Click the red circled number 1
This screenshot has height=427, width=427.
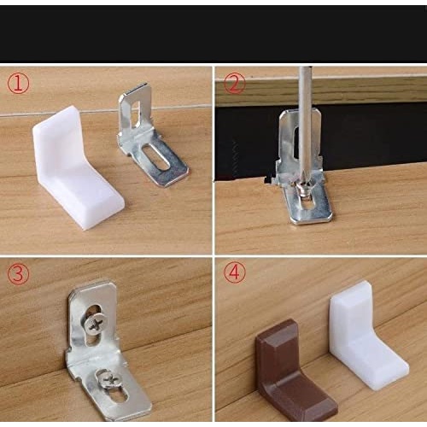click(18, 83)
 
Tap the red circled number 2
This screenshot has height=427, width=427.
click(234, 83)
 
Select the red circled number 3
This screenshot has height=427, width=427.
click(18, 273)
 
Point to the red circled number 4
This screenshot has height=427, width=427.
click(235, 272)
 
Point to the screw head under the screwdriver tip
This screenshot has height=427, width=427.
click(305, 190)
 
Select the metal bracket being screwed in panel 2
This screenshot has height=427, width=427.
click(303, 168)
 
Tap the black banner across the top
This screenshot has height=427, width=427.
click(213, 33)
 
